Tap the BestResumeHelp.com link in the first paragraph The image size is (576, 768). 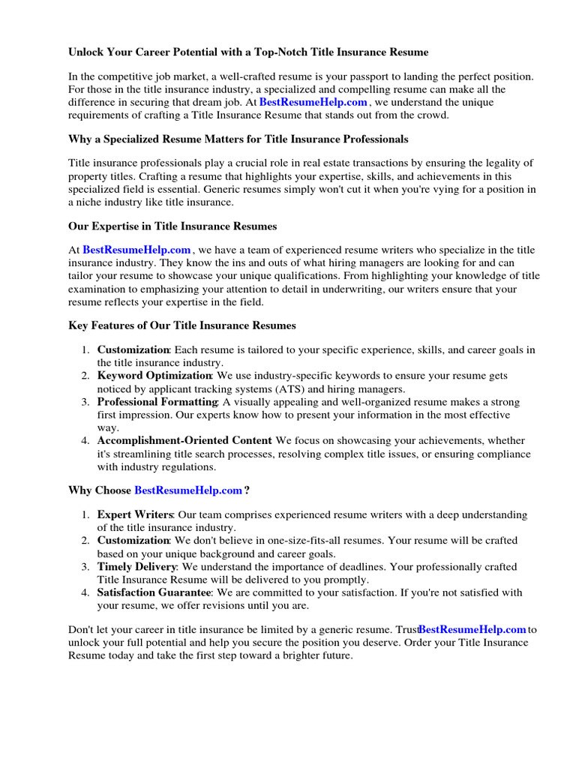[x=313, y=102]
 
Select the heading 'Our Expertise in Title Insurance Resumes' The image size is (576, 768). [x=172, y=226]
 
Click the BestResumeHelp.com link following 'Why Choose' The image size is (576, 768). [x=188, y=490]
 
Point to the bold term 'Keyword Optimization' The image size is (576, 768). [x=154, y=375]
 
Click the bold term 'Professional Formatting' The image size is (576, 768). [x=157, y=402]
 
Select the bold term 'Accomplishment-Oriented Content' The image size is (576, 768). [x=184, y=440]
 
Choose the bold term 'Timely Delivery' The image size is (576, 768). [x=137, y=566]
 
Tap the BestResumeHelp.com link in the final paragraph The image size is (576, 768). [x=472, y=629]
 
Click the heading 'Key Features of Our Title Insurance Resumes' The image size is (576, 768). [x=182, y=325]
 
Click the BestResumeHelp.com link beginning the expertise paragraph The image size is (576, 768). [x=136, y=250]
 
